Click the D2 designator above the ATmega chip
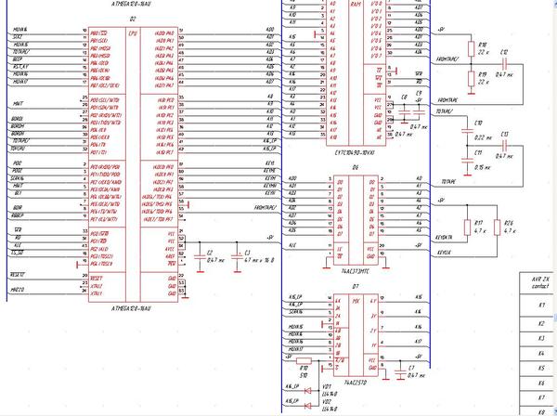coord(133,19)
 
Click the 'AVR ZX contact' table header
coord(538,282)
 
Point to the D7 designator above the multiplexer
coord(355,288)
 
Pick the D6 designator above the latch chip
coord(355,167)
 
